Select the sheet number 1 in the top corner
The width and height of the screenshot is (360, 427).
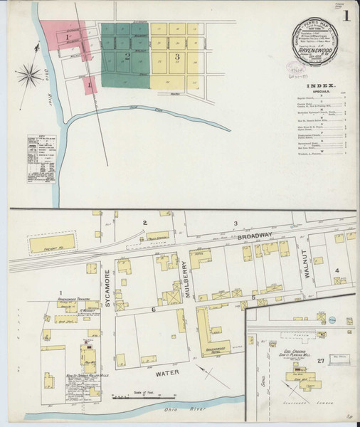tap(346, 14)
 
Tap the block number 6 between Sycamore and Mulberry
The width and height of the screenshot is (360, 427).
tap(152, 310)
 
